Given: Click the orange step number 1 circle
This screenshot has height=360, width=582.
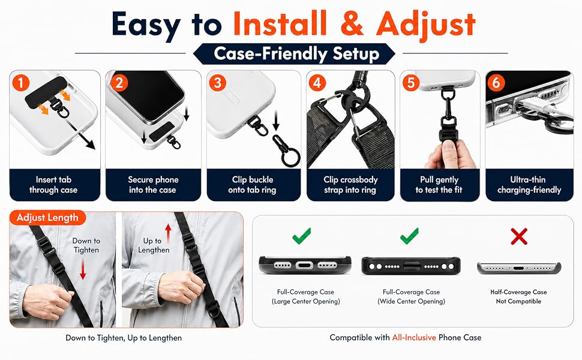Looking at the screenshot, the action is tap(21, 82).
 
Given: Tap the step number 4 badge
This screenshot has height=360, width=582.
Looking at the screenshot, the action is tap(317, 82).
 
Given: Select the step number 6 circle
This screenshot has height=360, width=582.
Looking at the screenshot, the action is tap(496, 82).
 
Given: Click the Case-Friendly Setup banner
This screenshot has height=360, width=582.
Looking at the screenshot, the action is tap(295, 54).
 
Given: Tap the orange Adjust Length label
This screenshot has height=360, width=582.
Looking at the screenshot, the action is tap(47, 217).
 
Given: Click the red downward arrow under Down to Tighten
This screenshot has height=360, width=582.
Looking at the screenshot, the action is tap(83, 269).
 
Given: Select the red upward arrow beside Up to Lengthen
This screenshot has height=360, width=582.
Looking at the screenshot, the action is tap(169, 233).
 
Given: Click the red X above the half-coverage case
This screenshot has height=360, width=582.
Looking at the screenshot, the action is tap(519, 236).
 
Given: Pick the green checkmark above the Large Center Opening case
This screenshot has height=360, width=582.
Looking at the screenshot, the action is tap(302, 236).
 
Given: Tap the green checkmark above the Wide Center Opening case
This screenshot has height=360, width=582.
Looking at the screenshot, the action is tap(409, 236).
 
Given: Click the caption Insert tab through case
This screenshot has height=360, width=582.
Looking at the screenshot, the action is tap(53, 185).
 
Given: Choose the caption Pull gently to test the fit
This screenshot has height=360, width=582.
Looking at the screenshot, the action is tap(439, 185).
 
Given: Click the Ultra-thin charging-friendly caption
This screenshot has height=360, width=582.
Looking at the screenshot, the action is tap(529, 185).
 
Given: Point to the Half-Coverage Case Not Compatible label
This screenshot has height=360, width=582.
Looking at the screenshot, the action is tap(518, 296).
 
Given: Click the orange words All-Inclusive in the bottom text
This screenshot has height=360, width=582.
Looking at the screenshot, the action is tap(414, 338).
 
